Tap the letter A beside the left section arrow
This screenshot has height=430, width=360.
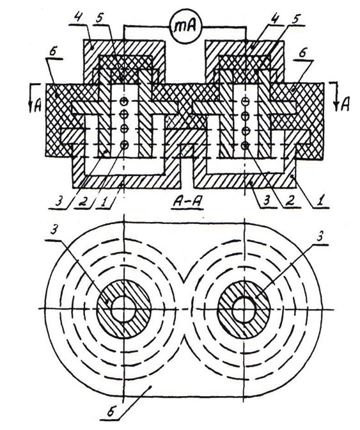(x=38, y=106)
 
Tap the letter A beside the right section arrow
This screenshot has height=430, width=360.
(x=346, y=104)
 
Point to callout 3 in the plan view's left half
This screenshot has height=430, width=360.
(x=54, y=230)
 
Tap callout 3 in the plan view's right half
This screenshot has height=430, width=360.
(x=319, y=237)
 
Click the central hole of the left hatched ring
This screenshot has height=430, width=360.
(x=123, y=309)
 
